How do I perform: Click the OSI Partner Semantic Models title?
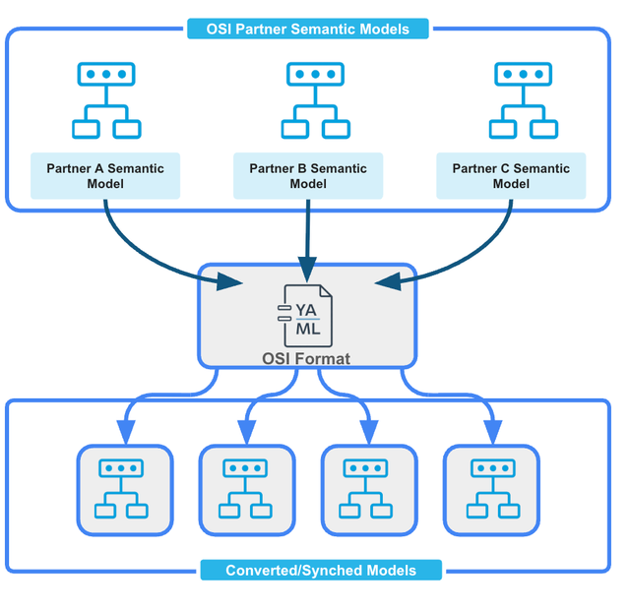click(x=308, y=29)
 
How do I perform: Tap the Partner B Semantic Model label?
click(x=308, y=176)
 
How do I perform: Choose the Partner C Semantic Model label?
click(x=511, y=176)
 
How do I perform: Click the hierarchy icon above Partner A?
click(x=105, y=100)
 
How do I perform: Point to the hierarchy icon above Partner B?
click(x=314, y=100)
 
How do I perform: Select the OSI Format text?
click(x=306, y=358)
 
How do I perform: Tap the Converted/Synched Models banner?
click(x=321, y=571)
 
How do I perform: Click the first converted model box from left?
click(x=124, y=491)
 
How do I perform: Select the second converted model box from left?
click(x=246, y=491)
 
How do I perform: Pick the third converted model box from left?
click(x=368, y=491)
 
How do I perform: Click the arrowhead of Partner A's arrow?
click(x=231, y=282)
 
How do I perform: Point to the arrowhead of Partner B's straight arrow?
click(x=307, y=269)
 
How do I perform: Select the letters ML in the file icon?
click(x=308, y=330)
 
